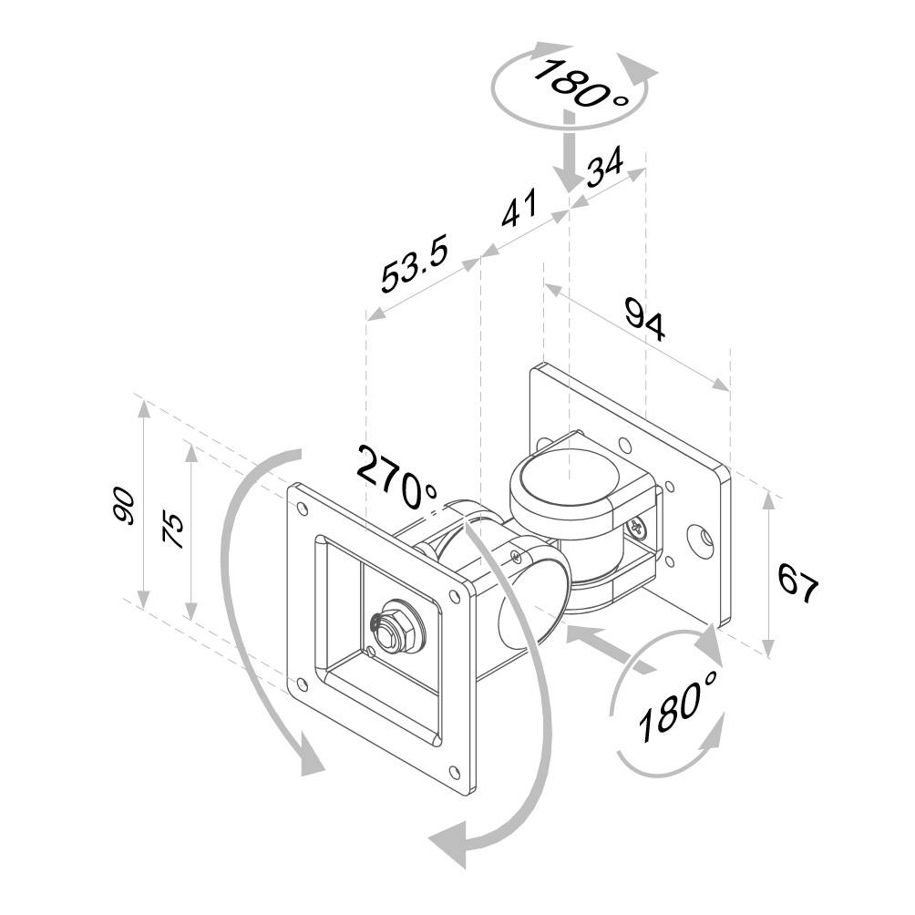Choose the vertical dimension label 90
click(124, 506)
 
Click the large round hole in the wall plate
click(703, 540)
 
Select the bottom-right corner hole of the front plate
click(456, 772)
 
